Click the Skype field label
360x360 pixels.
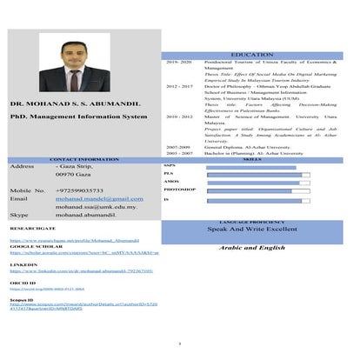tap(19, 213)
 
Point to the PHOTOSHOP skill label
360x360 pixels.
tap(179, 189)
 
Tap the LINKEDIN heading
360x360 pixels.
tap(23, 261)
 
